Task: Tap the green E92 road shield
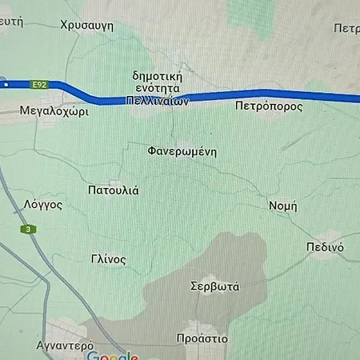(x=39, y=83)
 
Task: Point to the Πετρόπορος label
(x=269, y=105)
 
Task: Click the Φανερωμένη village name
(x=182, y=150)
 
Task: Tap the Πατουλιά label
(x=113, y=190)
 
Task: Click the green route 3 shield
(x=30, y=230)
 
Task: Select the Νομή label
(x=283, y=205)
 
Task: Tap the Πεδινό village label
(x=325, y=247)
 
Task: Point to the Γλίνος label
(x=109, y=259)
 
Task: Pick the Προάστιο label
(x=202, y=338)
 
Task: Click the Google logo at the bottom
(x=112, y=355)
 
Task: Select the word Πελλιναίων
(x=158, y=102)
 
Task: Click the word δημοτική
(x=158, y=76)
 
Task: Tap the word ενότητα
(x=158, y=89)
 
